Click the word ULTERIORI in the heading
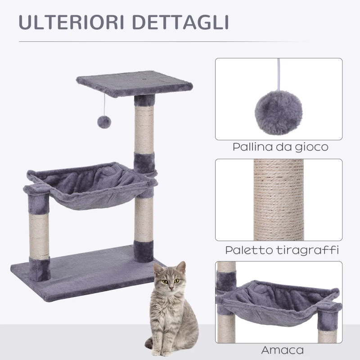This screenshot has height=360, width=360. click(x=71, y=22)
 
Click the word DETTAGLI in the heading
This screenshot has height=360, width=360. click(x=181, y=22)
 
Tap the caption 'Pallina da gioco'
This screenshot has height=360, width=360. click(x=280, y=147)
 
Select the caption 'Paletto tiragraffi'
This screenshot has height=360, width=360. click(x=282, y=250)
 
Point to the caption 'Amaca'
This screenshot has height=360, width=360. click(x=282, y=351)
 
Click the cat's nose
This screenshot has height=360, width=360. click(x=171, y=288)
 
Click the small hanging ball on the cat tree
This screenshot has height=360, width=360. click(x=104, y=122)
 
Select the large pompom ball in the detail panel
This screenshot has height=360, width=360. click(x=279, y=113)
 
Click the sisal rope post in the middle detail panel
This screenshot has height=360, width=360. click(x=279, y=200)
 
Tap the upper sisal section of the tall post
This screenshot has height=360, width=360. click(x=144, y=129)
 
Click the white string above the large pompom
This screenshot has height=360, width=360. click(x=279, y=75)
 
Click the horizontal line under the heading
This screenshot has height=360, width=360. click(x=163, y=42)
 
